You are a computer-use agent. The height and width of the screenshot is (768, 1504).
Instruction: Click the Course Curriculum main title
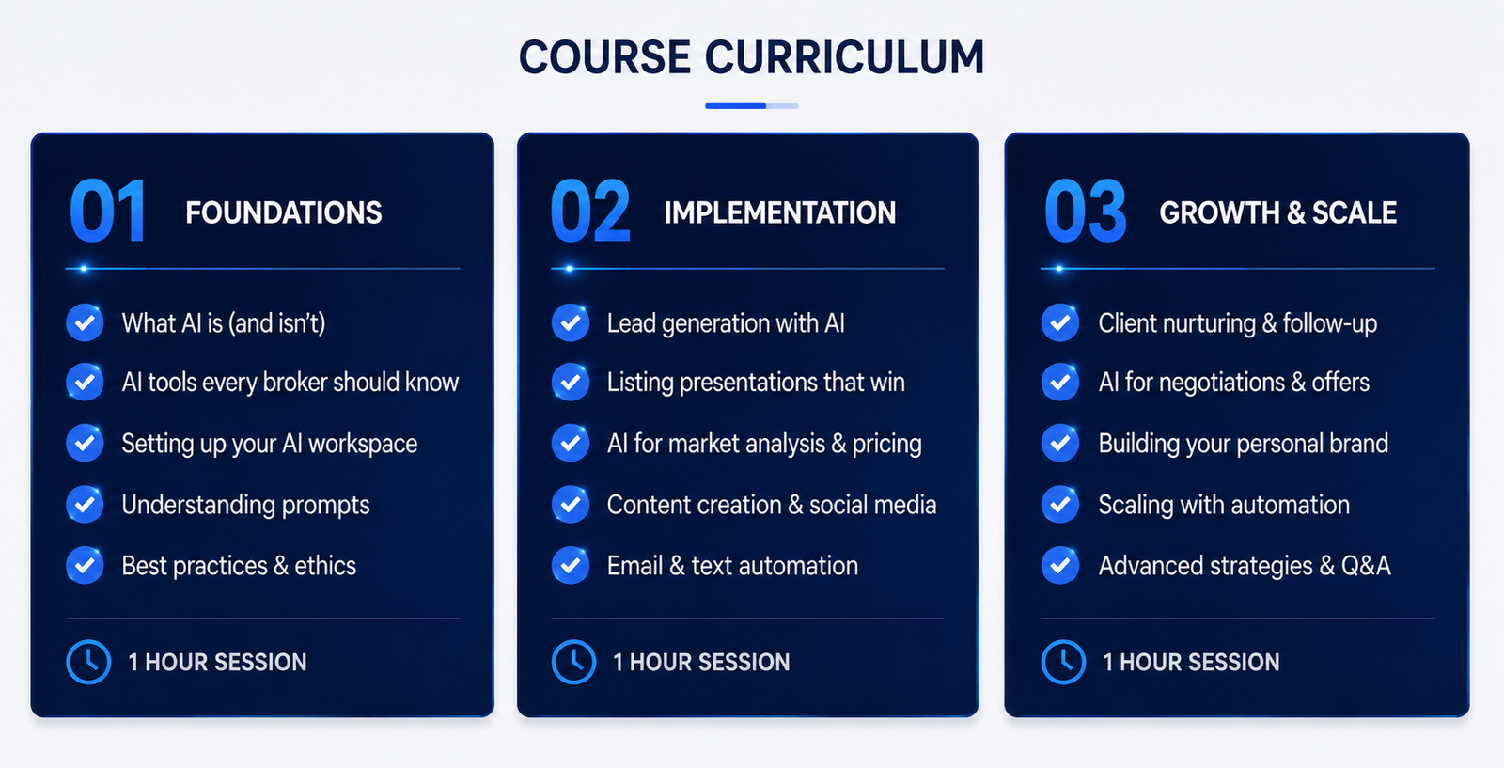pyautogui.click(x=751, y=57)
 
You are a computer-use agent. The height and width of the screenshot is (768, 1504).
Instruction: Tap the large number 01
pyautogui.click(x=108, y=211)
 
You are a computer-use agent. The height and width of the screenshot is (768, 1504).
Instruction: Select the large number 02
pyautogui.click(x=590, y=211)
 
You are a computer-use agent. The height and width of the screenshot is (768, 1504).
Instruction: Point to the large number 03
pyautogui.click(x=1085, y=211)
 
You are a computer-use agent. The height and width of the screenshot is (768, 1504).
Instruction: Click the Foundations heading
pyautogui.click(x=283, y=212)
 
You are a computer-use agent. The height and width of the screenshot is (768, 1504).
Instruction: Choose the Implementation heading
pyautogui.click(x=779, y=212)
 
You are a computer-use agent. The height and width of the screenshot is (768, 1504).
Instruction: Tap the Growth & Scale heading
pyautogui.click(x=1277, y=212)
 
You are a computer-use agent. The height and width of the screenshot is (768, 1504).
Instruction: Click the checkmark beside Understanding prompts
pyautogui.click(x=85, y=504)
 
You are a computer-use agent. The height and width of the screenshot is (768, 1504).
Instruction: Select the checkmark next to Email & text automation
pyautogui.click(x=571, y=565)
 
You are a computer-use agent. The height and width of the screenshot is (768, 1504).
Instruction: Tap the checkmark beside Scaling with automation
pyautogui.click(x=1060, y=504)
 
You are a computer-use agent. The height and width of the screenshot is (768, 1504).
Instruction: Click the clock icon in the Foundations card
pyautogui.click(x=88, y=662)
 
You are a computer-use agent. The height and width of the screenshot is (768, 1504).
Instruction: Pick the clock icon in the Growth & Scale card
pyautogui.click(x=1063, y=662)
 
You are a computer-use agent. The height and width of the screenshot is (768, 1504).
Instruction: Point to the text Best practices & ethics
pyautogui.click(x=239, y=566)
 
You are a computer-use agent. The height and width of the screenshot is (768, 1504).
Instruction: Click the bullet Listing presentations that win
pyautogui.click(x=756, y=383)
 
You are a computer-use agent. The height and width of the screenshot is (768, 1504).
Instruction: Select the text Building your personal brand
pyautogui.click(x=1244, y=444)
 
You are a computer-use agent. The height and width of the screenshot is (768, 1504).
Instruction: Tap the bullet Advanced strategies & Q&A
pyautogui.click(x=1245, y=566)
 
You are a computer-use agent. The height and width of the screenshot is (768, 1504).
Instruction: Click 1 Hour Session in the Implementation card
pyautogui.click(x=701, y=663)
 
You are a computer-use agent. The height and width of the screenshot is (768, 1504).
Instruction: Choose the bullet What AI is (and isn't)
pyautogui.click(x=224, y=323)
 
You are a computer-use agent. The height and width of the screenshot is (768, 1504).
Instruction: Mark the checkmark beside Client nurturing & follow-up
pyautogui.click(x=1060, y=322)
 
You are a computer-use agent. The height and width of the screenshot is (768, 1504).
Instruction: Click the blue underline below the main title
pyautogui.click(x=751, y=106)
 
